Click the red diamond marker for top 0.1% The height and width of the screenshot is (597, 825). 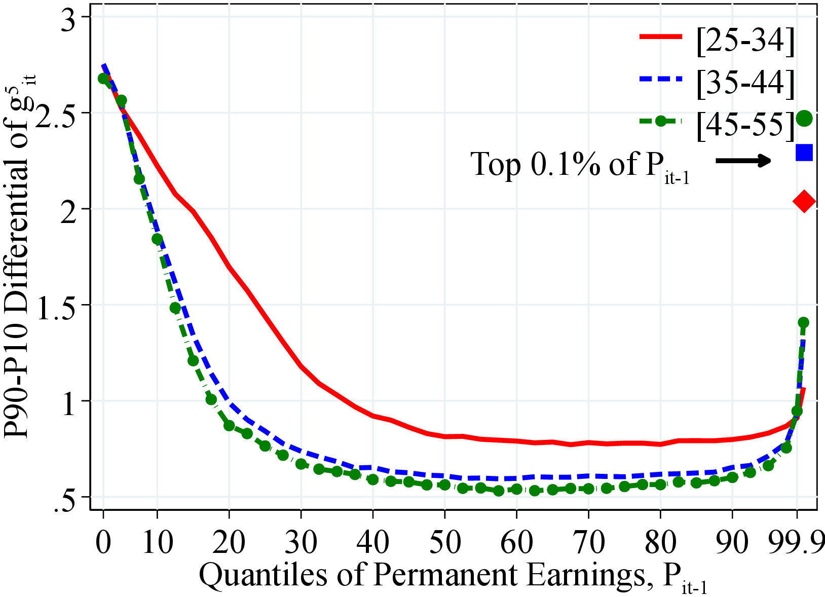[804, 201]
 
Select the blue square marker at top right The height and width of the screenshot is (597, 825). [804, 152]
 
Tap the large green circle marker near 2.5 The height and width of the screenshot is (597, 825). [804, 119]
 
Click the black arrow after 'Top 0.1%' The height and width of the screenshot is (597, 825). [743, 161]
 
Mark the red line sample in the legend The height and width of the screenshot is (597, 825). [661, 36]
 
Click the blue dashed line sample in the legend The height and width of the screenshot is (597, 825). [661, 79]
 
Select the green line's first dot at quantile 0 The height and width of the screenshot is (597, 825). [103, 79]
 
